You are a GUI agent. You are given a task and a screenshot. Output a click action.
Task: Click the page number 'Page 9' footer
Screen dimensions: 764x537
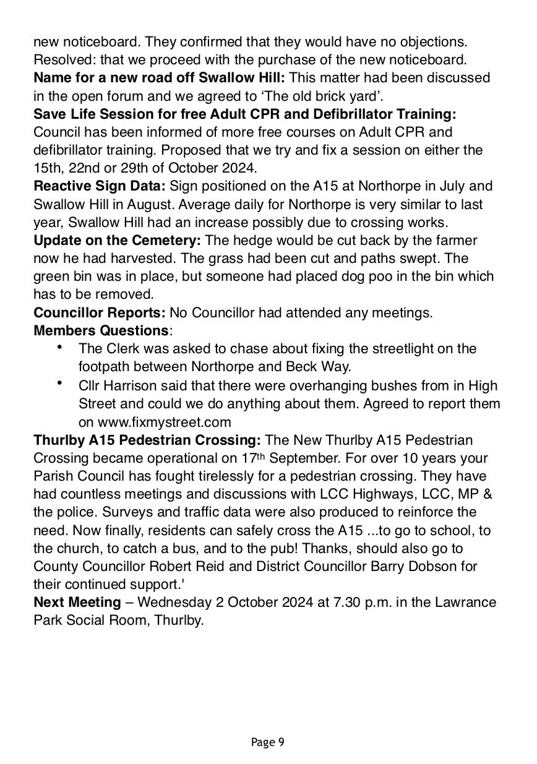click(x=268, y=742)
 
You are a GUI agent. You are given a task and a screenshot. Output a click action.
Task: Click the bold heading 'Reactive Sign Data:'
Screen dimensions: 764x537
click(x=100, y=186)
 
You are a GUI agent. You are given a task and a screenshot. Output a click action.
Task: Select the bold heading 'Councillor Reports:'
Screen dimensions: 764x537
click(x=100, y=313)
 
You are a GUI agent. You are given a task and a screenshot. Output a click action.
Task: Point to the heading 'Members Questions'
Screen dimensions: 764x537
click(x=100, y=331)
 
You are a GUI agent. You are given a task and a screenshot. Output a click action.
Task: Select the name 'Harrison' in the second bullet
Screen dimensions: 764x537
click(x=127, y=386)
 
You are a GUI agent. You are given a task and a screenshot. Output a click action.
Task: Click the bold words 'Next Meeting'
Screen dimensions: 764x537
click(x=77, y=602)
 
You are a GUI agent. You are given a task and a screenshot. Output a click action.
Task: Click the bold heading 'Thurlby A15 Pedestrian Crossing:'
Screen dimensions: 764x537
click(x=147, y=440)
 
